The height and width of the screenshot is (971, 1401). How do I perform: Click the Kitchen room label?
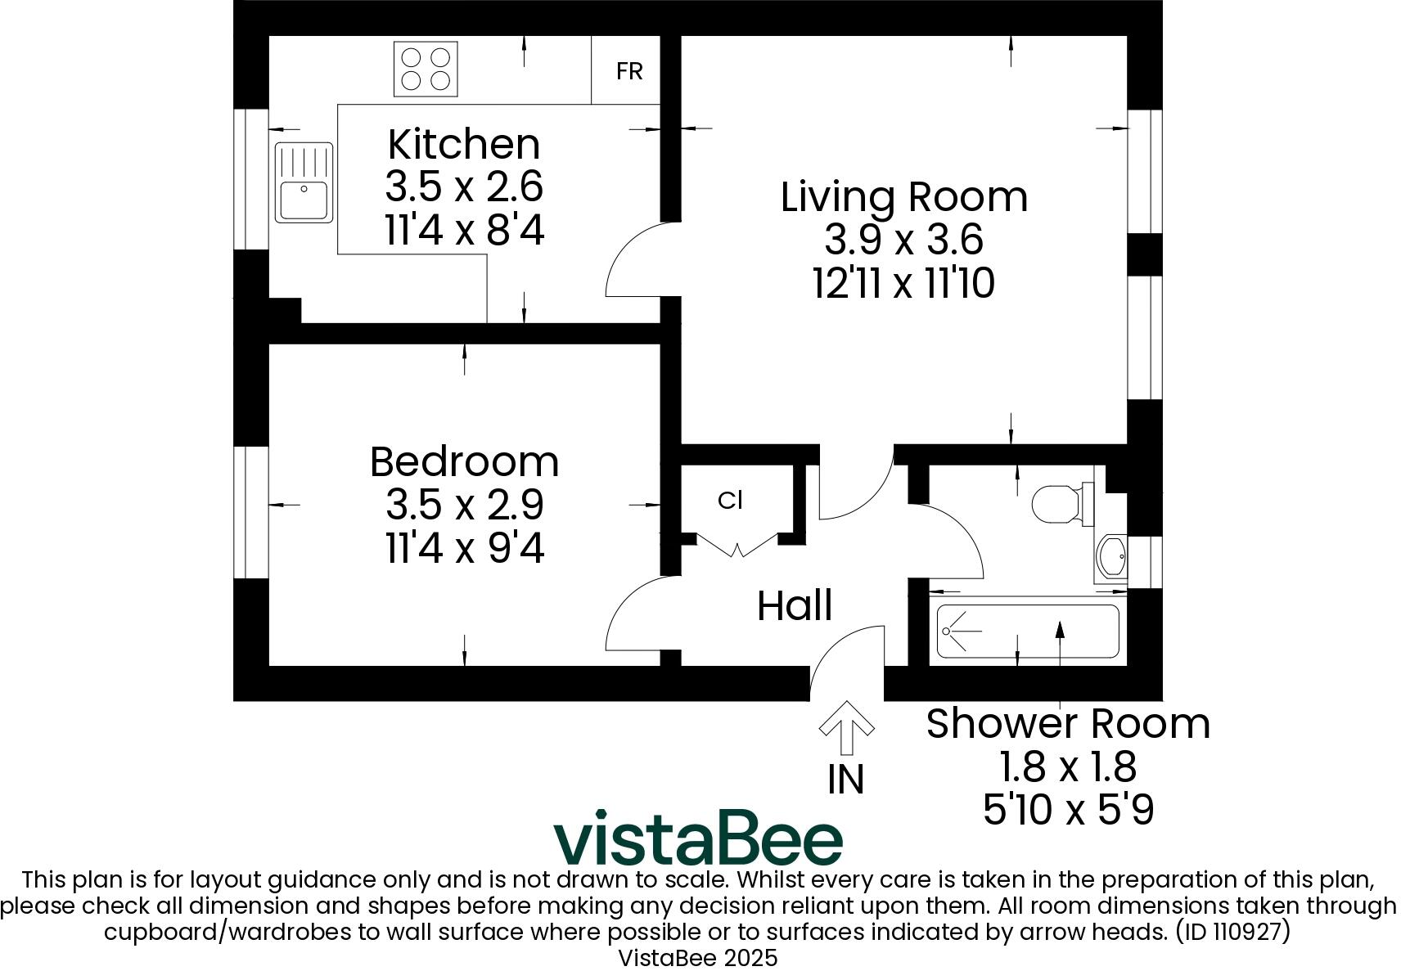[x=464, y=145]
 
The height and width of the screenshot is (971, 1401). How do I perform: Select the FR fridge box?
[x=628, y=71]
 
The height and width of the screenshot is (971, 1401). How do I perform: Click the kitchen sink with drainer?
[x=304, y=182]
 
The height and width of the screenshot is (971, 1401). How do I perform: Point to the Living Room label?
[x=903, y=197]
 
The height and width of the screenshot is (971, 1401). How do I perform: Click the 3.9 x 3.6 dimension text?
[x=903, y=241]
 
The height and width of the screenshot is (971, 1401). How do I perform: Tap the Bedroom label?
[x=464, y=462]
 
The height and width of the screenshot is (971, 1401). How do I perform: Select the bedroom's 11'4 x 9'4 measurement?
[x=464, y=548]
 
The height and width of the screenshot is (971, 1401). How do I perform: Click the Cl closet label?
[x=730, y=501]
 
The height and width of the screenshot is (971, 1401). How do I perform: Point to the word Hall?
[x=795, y=606]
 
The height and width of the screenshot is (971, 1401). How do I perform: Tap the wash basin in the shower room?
[x=1111, y=558]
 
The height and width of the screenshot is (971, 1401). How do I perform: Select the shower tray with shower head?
[x=1027, y=631]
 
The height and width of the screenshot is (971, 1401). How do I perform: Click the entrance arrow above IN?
[x=846, y=726]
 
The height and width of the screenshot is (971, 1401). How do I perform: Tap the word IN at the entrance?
[x=846, y=780]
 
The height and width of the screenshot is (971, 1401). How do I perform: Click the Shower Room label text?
[x=1068, y=724]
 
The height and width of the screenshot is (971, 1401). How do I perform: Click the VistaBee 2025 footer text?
[x=698, y=958]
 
